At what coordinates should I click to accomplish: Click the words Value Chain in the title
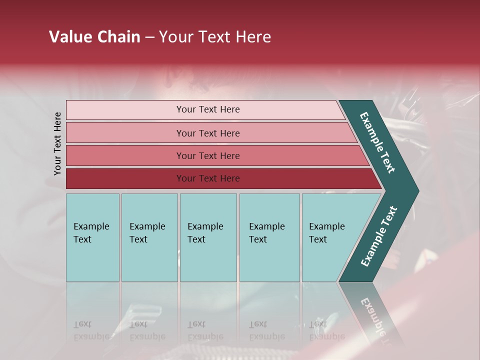coord(94,37)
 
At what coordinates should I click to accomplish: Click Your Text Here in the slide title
coord(215,37)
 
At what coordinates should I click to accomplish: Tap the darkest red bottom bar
coord(125,178)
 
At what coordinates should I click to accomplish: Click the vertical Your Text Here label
coord(57,143)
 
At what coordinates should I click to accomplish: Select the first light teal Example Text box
coord(92,260)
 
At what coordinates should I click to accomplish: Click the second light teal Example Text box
coord(149,260)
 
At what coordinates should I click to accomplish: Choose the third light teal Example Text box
coord(208,260)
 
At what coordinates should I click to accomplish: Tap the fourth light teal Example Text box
coord(269,260)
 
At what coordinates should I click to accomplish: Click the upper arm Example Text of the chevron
coord(378,142)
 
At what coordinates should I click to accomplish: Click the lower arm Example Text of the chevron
coord(379,236)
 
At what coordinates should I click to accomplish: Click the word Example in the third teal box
coord(205,226)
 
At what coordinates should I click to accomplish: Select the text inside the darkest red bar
coord(208,178)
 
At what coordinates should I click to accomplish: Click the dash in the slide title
coord(149,37)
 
